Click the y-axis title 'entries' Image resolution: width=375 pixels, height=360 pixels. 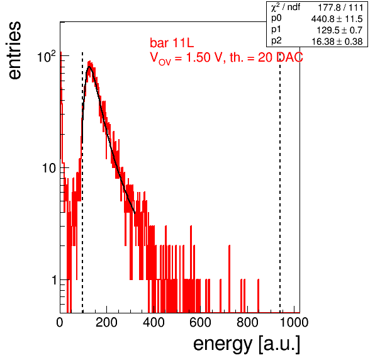15,50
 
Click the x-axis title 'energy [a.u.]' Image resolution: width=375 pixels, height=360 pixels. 247,344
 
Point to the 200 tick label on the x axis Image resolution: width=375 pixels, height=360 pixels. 106,322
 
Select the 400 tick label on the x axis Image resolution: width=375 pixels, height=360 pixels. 154,322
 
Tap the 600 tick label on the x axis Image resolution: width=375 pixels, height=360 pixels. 201,322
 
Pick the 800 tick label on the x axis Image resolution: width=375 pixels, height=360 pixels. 247,322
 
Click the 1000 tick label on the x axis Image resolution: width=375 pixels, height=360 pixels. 294,322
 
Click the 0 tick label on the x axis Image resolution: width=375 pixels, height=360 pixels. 60,322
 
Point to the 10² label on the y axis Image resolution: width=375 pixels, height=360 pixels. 47,57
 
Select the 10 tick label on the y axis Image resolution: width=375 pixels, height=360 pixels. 49,168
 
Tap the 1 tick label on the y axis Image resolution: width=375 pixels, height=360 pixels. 54,280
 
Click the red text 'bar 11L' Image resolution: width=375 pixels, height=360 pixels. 172,43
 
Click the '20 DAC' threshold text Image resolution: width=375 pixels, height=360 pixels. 281,57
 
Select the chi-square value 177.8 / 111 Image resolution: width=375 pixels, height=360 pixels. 340,8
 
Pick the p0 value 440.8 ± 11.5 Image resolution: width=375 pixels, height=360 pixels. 337,19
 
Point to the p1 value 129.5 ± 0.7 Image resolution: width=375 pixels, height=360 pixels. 340,30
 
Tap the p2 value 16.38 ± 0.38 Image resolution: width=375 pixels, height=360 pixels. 337,42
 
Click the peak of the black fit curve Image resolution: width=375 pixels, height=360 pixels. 89,67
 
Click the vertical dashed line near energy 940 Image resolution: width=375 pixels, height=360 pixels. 280,181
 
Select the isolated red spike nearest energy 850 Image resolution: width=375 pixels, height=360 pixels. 259,296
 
